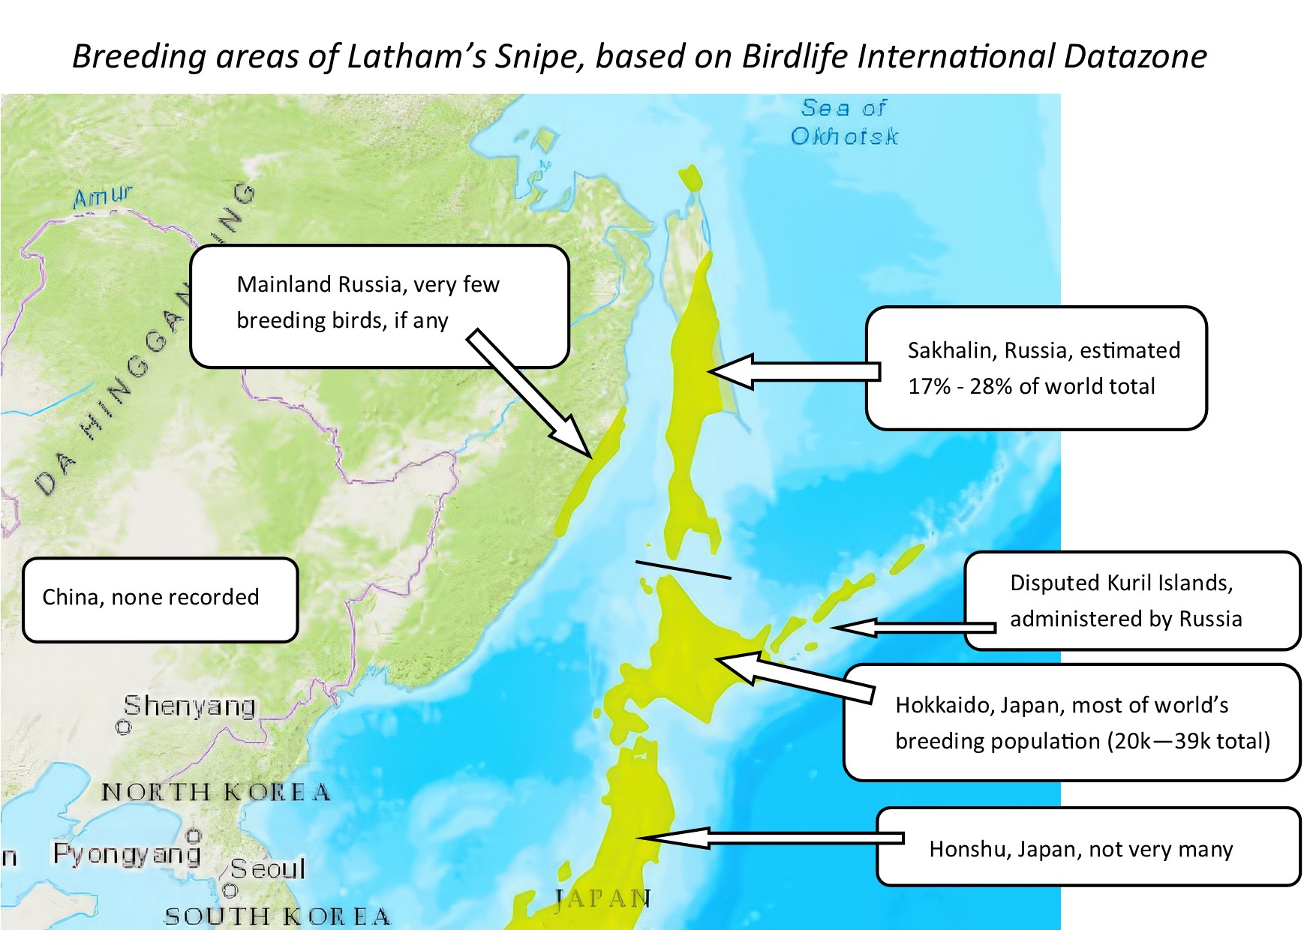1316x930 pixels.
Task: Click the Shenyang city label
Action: pyautogui.click(x=190, y=706)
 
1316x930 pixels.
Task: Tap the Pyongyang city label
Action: pyautogui.click(x=127, y=853)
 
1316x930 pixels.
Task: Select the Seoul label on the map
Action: pyautogui.click(x=268, y=868)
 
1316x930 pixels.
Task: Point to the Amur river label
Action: pyautogui.click(x=103, y=196)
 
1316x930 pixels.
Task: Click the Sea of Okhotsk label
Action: pyautogui.click(x=845, y=121)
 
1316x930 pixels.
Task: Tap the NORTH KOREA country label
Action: pyautogui.click(x=216, y=792)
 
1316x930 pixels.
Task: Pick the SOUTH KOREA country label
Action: pyautogui.click(x=278, y=916)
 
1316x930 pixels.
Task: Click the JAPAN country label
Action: pyautogui.click(x=603, y=898)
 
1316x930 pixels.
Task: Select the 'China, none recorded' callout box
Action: pyautogui.click(x=161, y=600)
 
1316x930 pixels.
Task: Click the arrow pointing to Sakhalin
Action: pyautogui.click(x=794, y=371)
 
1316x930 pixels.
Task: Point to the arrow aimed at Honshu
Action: pyautogui.click(x=770, y=838)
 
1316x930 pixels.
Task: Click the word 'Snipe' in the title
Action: pyautogui.click(x=538, y=57)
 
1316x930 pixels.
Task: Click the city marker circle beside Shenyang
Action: pyautogui.click(x=124, y=727)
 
